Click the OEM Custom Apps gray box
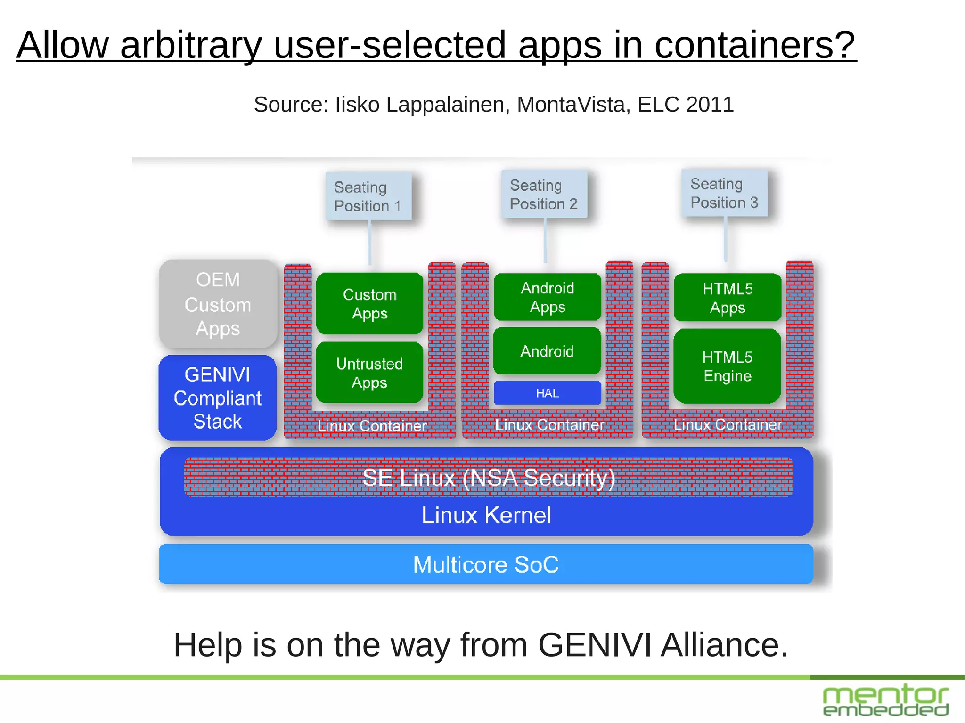218,304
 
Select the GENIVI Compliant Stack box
217,398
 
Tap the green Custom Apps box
369,304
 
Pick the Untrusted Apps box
369,373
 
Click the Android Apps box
547,297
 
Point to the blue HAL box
547,393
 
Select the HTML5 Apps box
727,298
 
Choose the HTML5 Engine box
727,366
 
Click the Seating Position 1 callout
368,196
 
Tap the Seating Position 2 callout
544,195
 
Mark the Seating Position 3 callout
724,193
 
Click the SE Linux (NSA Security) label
489,478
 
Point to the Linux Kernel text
486,515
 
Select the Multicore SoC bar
486,564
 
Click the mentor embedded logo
885,700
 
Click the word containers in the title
754,45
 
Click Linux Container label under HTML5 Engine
727,425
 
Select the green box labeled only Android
547,351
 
